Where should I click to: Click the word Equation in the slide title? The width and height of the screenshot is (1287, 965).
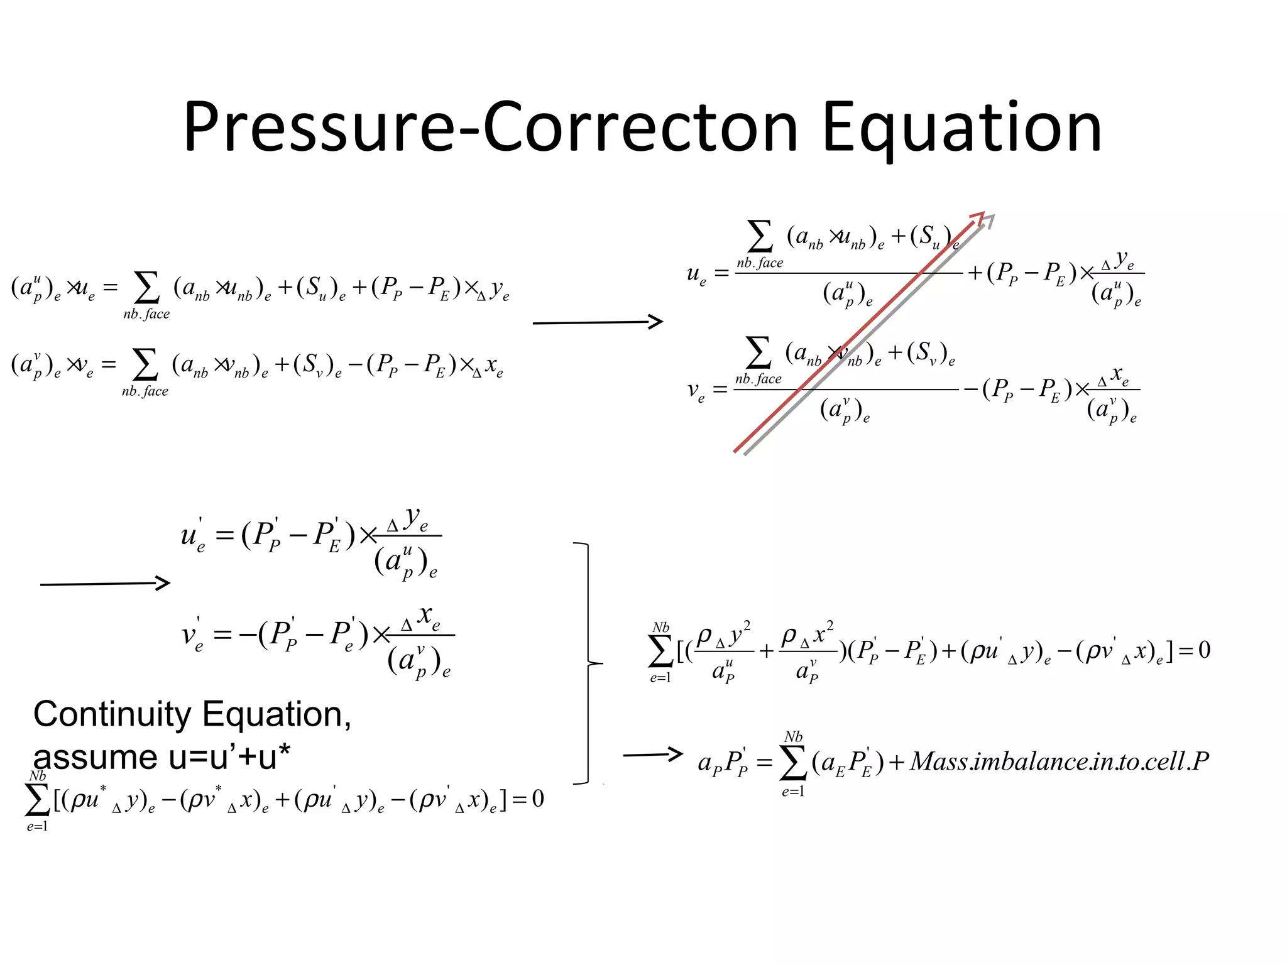(961, 129)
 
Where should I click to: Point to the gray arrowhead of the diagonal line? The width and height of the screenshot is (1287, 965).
(990, 219)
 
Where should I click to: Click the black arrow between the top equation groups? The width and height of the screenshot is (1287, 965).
(597, 322)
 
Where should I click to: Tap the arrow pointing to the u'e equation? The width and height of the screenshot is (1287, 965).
(104, 584)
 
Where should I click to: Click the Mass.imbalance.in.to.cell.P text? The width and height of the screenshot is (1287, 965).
(1060, 761)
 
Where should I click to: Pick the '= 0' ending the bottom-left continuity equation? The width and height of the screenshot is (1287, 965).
(528, 799)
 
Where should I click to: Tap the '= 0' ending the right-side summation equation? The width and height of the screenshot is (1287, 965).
(1194, 650)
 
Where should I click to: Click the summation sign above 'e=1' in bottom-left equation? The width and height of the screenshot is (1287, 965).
(37, 800)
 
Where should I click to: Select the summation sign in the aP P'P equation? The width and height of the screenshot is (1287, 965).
(793, 763)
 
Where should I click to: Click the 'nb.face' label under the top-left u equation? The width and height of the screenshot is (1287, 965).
(146, 314)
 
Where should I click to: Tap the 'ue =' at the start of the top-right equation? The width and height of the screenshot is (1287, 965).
(705, 274)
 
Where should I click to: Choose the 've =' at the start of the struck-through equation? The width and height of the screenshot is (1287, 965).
(704, 391)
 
